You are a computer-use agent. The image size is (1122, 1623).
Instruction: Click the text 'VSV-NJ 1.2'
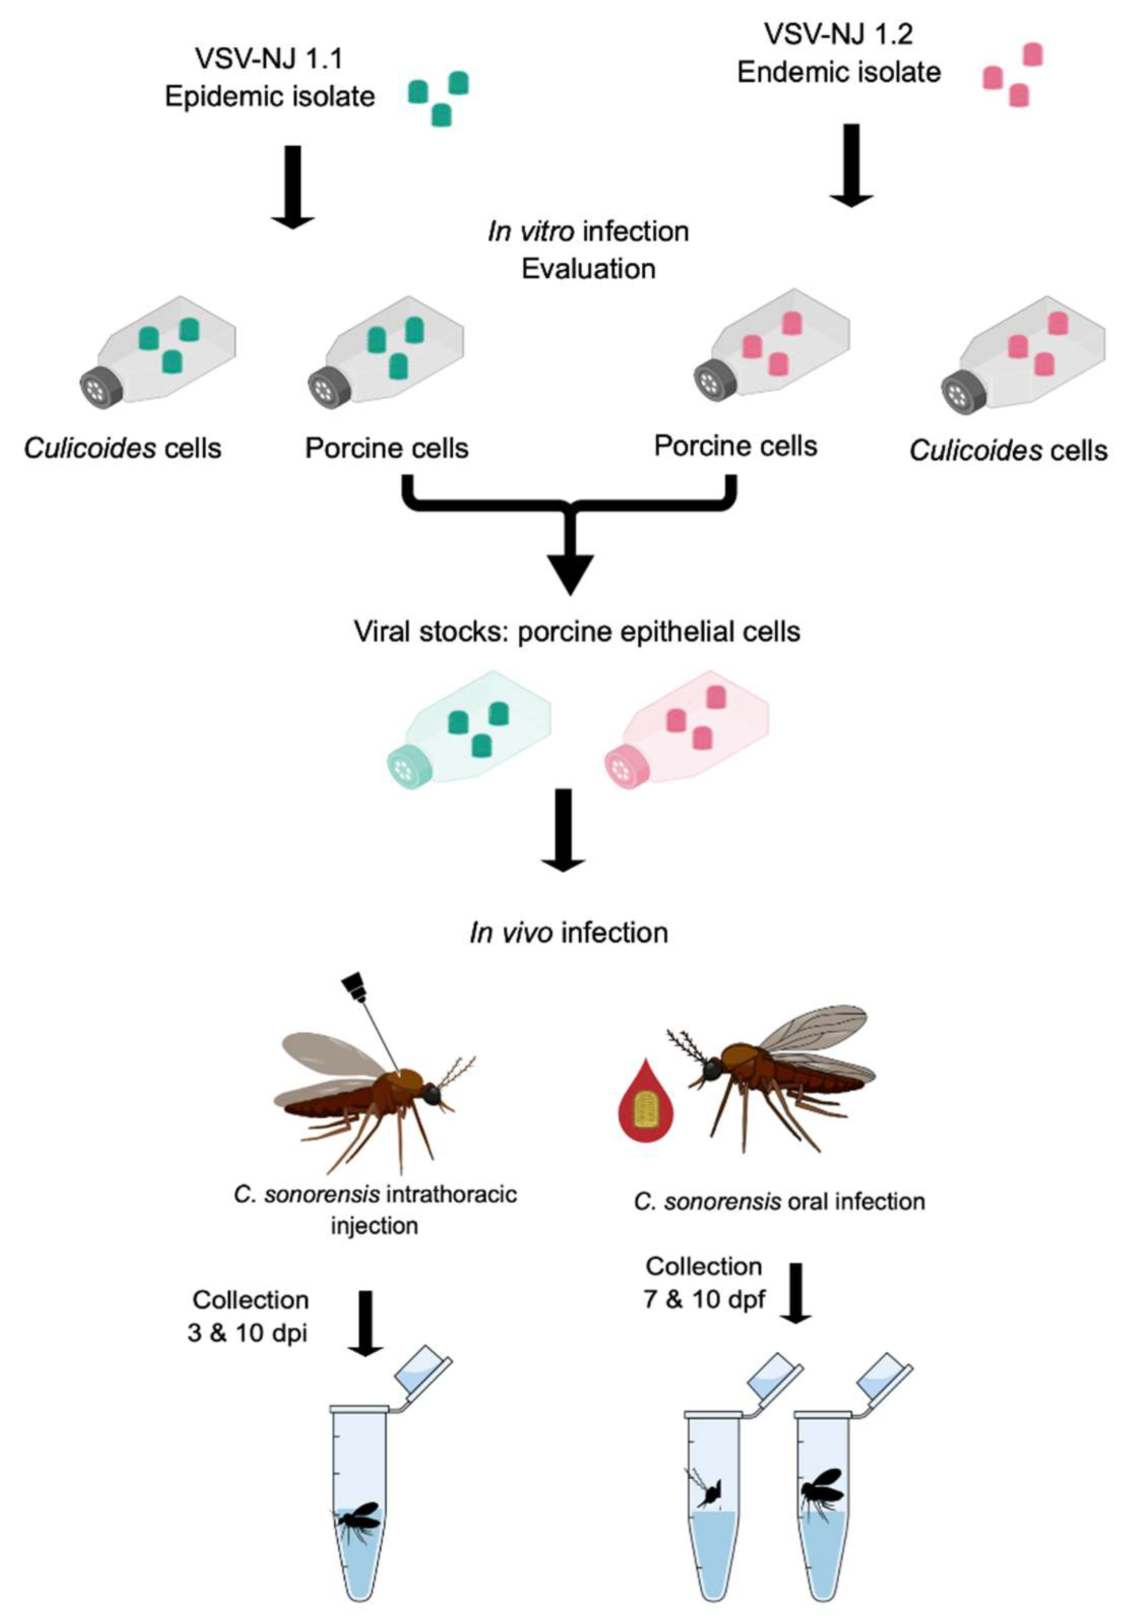[x=838, y=34]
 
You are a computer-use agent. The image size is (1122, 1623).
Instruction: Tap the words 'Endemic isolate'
[x=838, y=72]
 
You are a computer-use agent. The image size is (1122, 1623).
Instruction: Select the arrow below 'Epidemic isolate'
[x=293, y=186]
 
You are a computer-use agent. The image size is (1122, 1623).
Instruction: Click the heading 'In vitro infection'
[x=588, y=231]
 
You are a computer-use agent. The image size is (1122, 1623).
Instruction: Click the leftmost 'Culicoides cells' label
[x=122, y=448]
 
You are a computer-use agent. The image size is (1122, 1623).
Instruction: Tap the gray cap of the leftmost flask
[x=97, y=387]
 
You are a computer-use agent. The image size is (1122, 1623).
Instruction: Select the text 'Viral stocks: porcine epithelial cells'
[x=576, y=631]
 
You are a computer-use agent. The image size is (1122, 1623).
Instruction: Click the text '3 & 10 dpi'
[x=247, y=1333]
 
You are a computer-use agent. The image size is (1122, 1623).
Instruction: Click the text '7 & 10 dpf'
[x=704, y=1299]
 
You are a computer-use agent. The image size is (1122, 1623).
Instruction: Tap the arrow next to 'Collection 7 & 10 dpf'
[x=796, y=1293]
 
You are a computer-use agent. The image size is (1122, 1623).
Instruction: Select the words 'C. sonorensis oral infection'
[x=779, y=1201]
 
